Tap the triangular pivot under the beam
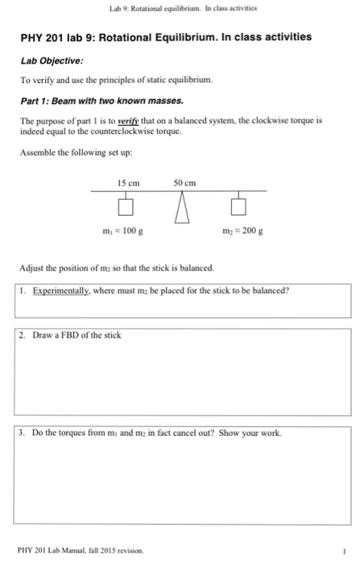(184, 207)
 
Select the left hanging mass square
(126, 208)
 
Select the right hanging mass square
(238, 208)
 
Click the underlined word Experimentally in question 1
(60, 291)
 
